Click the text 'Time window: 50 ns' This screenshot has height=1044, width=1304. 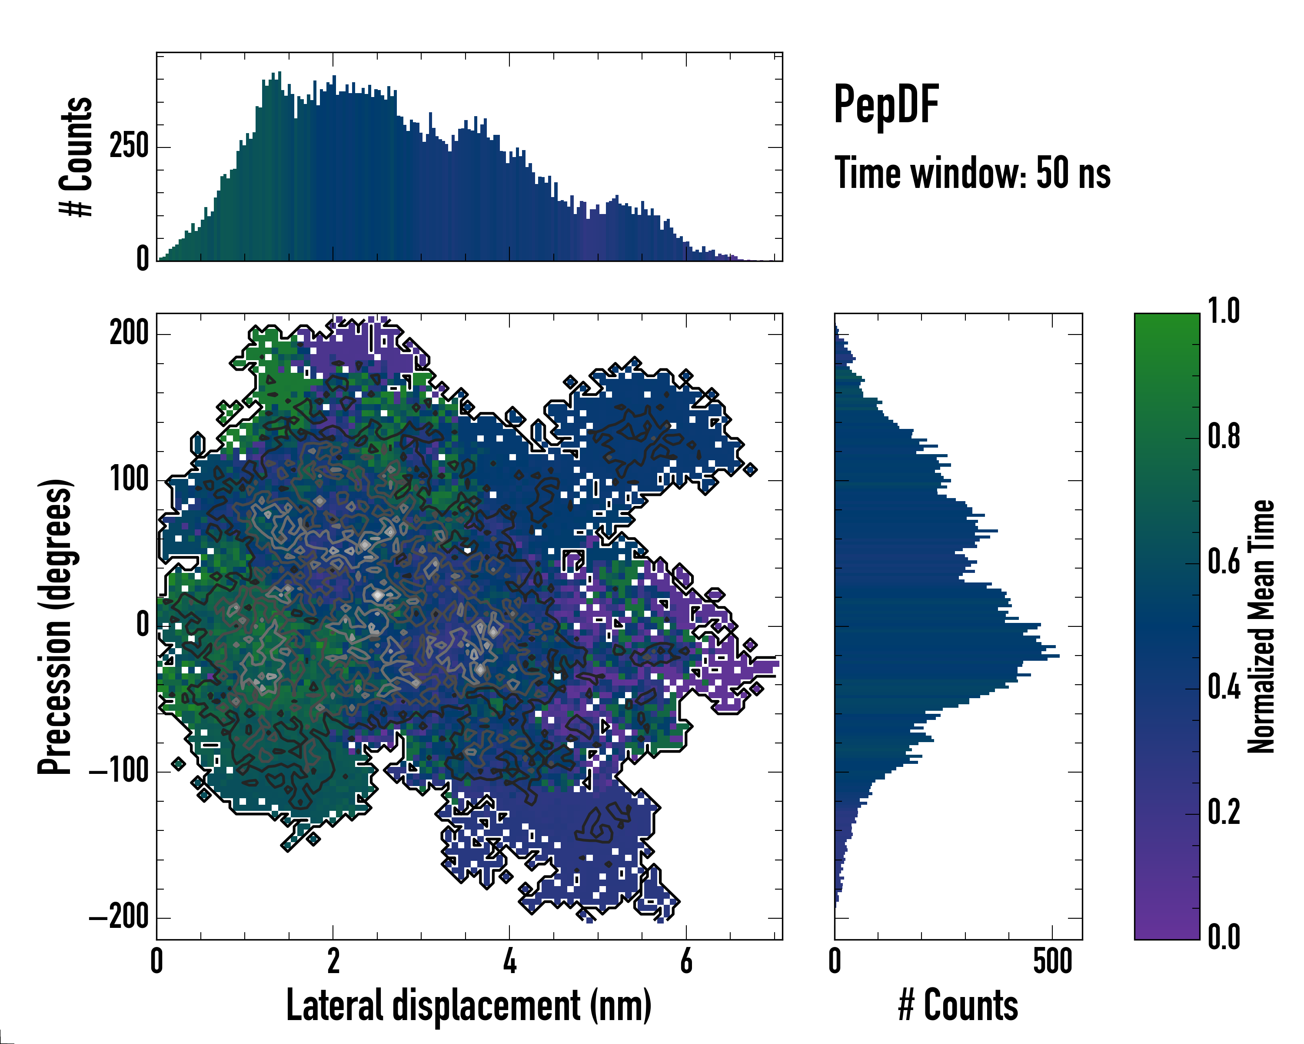[972, 173]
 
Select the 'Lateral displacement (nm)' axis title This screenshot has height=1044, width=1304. [468, 1006]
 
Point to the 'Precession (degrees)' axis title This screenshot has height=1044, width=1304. [56, 626]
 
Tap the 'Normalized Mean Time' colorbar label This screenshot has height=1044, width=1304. [1261, 626]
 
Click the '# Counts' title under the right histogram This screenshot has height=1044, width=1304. [958, 1006]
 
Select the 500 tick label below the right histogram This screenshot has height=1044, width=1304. [1052, 962]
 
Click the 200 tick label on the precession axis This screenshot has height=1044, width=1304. [129, 334]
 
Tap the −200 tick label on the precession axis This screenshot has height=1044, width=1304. [119, 918]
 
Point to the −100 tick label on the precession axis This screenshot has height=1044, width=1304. [119, 772]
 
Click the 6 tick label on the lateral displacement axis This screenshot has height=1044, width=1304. [686, 962]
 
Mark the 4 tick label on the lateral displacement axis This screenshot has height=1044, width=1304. [510, 962]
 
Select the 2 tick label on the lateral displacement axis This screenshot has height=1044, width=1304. [333, 962]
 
